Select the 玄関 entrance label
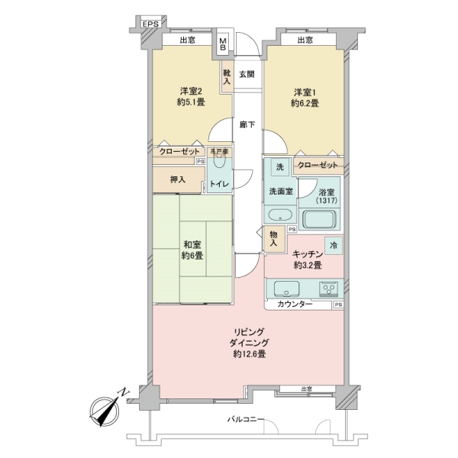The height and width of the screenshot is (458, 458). (x=246, y=74)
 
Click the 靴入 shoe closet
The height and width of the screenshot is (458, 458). (x=227, y=77)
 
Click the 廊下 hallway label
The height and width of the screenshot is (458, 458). (x=246, y=124)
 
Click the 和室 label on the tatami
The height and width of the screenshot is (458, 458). (x=191, y=245)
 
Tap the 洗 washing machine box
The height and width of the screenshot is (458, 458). (x=280, y=167)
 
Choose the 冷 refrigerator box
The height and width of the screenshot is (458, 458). (x=334, y=245)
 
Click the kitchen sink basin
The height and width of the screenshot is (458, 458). (x=287, y=289)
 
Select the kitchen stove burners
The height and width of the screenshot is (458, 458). (x=329, y=289)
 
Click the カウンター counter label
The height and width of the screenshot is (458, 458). (x=295, y=305)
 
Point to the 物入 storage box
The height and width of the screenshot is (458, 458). (x=273, y=240)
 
